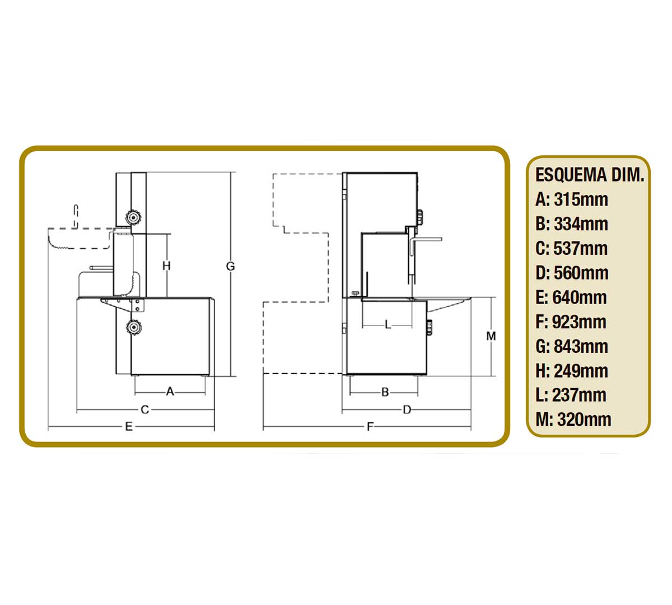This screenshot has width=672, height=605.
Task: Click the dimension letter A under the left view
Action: pyautogui.click(x=170, y=392)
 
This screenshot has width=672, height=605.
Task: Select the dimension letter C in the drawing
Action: pyautogui.click(x=144, y=409)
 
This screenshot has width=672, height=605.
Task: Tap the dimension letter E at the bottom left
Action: pyautogui.click(x=129, y=426)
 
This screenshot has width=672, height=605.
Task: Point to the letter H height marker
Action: pyautogui.click(x=166, y=266)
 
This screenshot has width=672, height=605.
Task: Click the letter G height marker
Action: pyautogui.click(x=231, y=266)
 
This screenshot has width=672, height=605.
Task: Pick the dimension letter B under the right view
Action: pyautogui.click(x=385, y=392)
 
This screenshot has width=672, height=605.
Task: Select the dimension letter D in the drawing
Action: pyautogui.click(x=407, y=409)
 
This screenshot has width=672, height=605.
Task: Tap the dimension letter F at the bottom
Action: pyautogui.click(x=370, y=426)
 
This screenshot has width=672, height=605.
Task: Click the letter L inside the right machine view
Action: pyautogui.click(x=388, y=324)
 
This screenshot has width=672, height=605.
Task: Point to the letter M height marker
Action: pyautogui.click(x=491, y=336)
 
